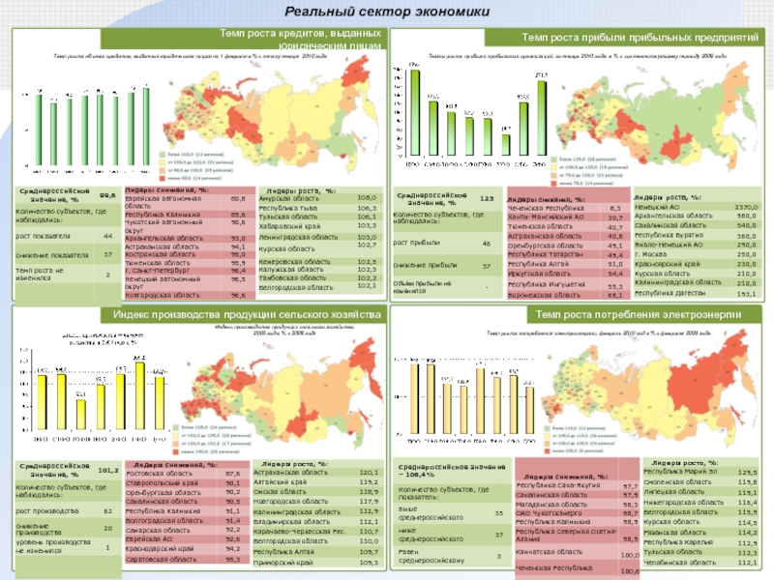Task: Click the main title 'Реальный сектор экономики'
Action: (x=386, y=11)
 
